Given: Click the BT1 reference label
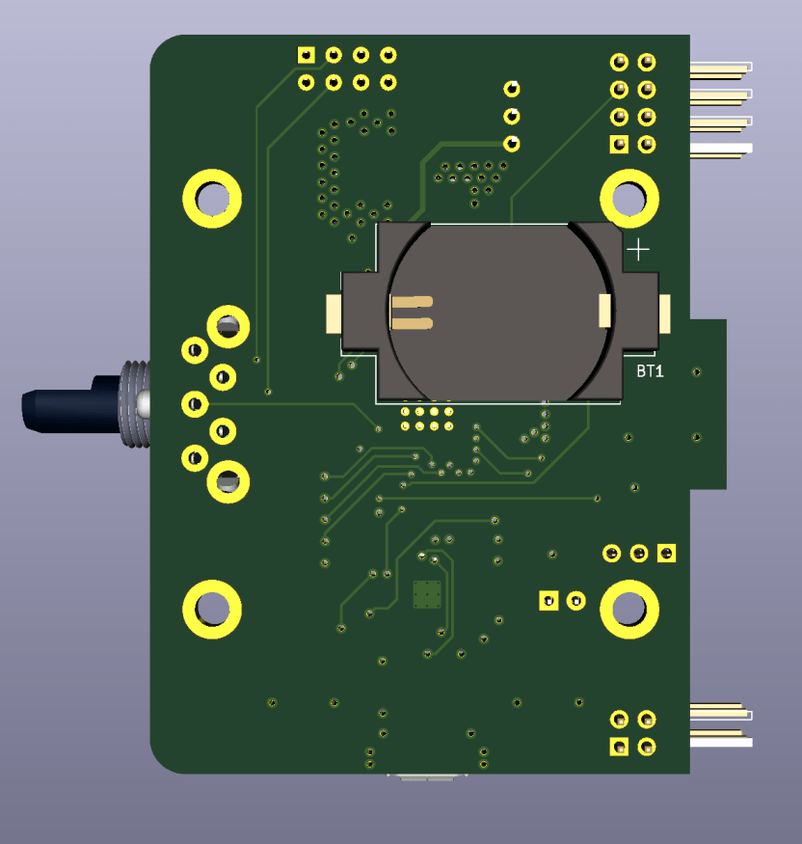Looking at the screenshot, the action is (650, 370).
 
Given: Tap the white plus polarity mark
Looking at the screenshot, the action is (638, 250).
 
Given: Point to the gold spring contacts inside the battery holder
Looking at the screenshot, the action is (412, 313).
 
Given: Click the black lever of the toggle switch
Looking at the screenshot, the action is (70, 404).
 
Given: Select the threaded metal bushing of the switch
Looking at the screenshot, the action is (134, 404).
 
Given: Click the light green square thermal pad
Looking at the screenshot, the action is (427, 595).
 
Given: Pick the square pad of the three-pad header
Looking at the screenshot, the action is (666, 554).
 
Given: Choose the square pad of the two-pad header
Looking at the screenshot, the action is (548, 601).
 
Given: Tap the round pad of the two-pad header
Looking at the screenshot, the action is (576, 601).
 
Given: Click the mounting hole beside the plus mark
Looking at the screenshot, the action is (629, 199).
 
